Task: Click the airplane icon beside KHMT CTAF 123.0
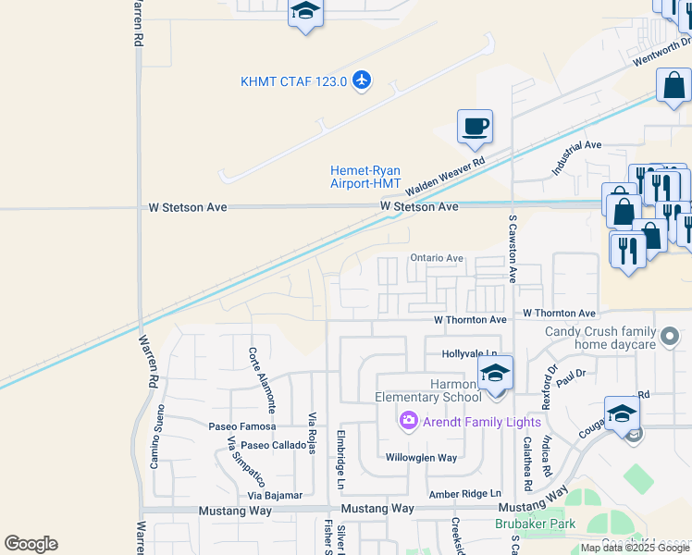361,81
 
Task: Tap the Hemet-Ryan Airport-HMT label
365,177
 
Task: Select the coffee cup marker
475,127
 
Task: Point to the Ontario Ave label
436,258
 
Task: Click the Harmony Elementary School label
428,390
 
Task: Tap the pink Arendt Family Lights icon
408,422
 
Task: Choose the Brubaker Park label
535,524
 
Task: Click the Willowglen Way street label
421,458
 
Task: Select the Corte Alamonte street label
261,379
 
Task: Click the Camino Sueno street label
156,436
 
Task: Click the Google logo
31,544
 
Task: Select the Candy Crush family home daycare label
600,338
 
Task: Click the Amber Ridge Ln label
464,495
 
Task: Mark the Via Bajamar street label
276,496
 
